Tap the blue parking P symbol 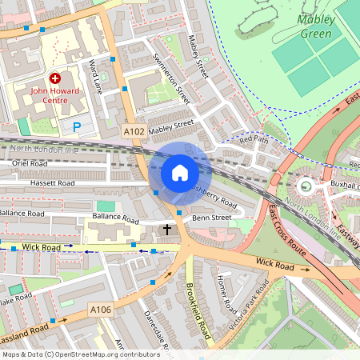[77, 126]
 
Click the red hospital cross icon [55, 78]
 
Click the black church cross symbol [167, 230]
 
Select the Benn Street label [212, 217]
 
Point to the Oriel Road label [30, 163]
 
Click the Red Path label [256, 140]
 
